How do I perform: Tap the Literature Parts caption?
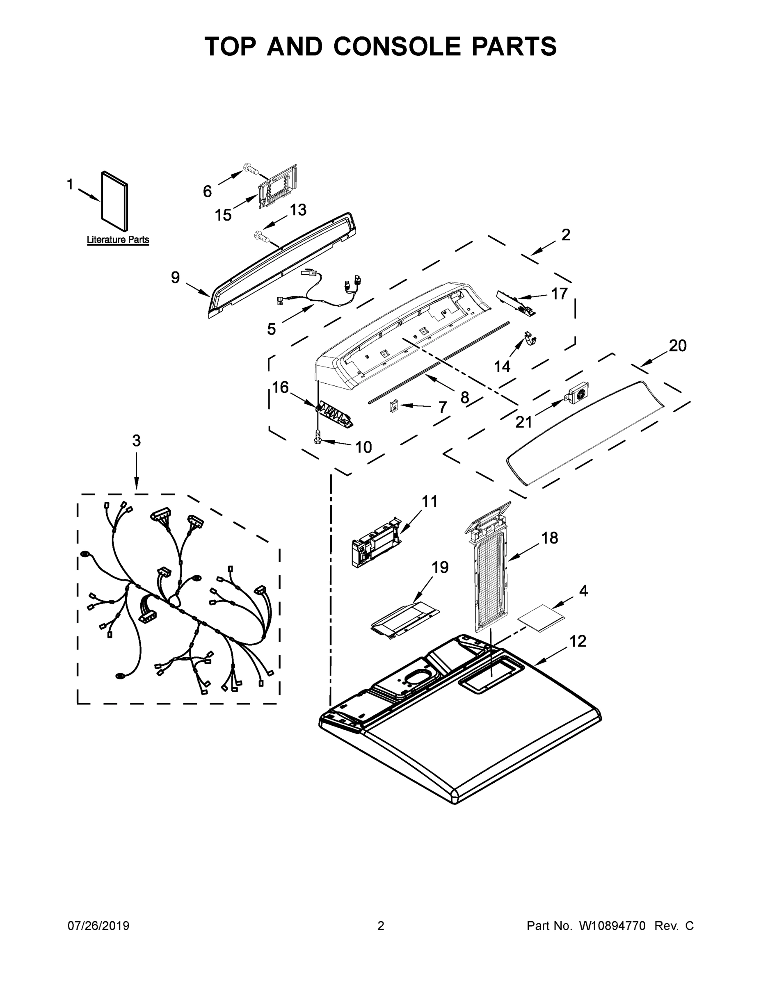(118, 240)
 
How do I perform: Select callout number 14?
(502, 367)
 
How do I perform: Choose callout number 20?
(677, 346)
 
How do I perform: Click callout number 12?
(578, 641)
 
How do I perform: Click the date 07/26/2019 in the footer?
(98, 926)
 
